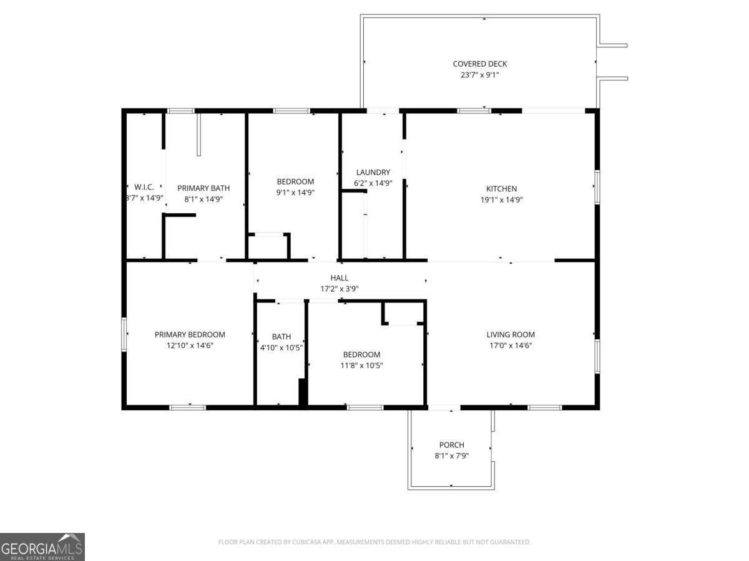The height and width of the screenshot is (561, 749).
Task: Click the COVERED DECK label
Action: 479,64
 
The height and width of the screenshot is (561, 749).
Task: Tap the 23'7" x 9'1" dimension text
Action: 479,75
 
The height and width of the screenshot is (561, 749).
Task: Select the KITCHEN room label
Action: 501,189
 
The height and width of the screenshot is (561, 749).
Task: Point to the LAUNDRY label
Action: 373,173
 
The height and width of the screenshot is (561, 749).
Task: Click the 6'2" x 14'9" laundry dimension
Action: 373,183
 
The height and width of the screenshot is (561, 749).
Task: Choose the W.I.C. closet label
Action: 144,187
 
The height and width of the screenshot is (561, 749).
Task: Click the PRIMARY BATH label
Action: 203,188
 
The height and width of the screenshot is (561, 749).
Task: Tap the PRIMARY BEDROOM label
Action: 190,335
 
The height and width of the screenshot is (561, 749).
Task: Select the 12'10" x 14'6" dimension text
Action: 190,345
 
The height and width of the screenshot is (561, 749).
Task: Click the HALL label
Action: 339,278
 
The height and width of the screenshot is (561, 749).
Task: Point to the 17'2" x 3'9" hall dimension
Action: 339,289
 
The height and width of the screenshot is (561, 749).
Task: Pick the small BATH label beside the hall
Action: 281,337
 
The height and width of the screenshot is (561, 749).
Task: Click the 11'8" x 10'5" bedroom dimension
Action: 361,365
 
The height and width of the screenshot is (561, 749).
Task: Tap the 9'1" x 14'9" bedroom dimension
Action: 295,193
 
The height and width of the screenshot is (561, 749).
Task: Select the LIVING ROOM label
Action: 510,335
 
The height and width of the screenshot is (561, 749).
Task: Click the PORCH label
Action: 451,445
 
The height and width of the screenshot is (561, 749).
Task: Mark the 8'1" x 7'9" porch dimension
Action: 451,456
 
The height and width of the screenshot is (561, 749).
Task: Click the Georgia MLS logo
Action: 42,547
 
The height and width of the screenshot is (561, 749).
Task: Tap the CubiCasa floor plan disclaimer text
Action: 374,542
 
